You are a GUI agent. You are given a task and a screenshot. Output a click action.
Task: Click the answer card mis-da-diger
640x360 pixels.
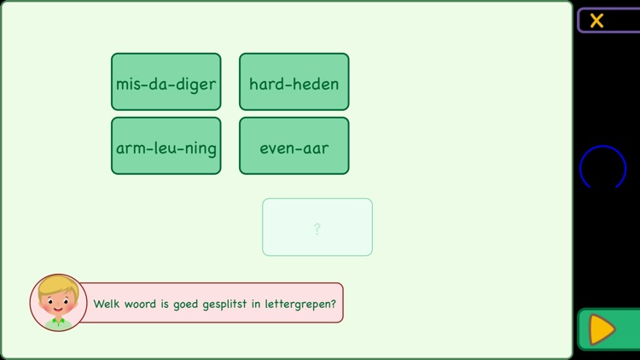[166, 82]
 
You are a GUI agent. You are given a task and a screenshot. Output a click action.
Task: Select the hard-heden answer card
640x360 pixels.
[294, 82]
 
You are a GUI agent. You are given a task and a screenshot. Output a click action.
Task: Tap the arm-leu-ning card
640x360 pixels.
[166, 146]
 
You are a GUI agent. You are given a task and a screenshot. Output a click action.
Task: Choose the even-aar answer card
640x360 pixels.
[294, 146]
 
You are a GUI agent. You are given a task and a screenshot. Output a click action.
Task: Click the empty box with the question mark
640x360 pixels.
[317, 227]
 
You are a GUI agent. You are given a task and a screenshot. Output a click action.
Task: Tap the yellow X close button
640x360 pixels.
[597, 20]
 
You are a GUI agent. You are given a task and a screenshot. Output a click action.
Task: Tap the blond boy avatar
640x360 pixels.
[58, 303]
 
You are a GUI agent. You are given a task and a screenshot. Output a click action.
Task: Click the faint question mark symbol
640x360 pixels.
[317, 229]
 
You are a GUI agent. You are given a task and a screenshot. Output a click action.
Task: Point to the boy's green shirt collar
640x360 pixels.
[58, 322]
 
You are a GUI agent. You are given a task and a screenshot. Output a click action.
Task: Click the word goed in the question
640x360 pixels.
[183, 304]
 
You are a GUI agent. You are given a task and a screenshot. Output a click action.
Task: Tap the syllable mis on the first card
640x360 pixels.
[127, 84]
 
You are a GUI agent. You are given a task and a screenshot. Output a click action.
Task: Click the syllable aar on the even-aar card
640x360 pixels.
[314, 148]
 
